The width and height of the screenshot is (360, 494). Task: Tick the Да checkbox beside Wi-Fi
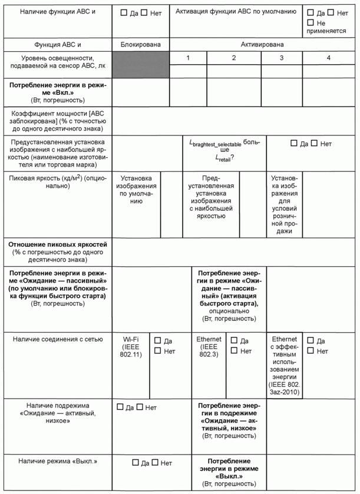coord(157,340)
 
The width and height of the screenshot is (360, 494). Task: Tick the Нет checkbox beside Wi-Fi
coord(157,351)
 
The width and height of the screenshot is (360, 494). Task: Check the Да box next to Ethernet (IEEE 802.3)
coord(234,340)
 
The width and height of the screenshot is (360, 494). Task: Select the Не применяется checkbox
coord(311,22)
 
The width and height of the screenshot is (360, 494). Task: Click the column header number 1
coord(187,58)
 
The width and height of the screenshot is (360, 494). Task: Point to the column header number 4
coord(329,58)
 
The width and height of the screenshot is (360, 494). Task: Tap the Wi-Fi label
coord(130,340)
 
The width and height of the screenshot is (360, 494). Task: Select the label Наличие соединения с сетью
coord(57,339)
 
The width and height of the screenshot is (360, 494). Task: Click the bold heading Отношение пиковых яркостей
coord(57,244)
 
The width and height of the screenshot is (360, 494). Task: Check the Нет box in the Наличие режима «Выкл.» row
coord(155,463)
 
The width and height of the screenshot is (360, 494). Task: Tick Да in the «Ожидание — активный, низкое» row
coord(120,407)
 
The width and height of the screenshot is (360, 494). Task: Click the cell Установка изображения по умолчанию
coord(136,189)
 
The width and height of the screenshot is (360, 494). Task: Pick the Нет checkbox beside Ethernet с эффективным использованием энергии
coord(311,351)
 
